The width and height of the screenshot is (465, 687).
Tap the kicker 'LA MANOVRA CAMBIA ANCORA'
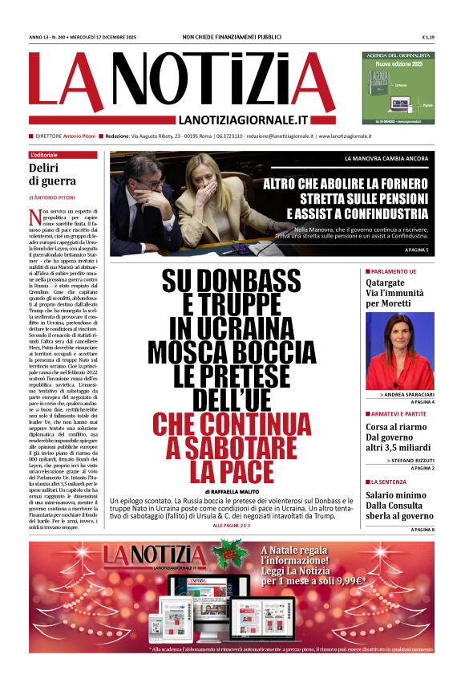click(386, 159)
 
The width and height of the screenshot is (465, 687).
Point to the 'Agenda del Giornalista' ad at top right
click(398, 88)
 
